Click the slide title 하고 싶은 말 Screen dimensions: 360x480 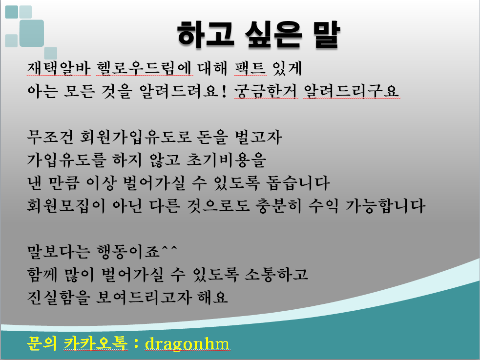(x=257, y=35)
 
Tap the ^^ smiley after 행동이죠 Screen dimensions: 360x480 (x=170, y=250)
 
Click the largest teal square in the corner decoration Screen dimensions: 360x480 (x=32, y=33)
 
